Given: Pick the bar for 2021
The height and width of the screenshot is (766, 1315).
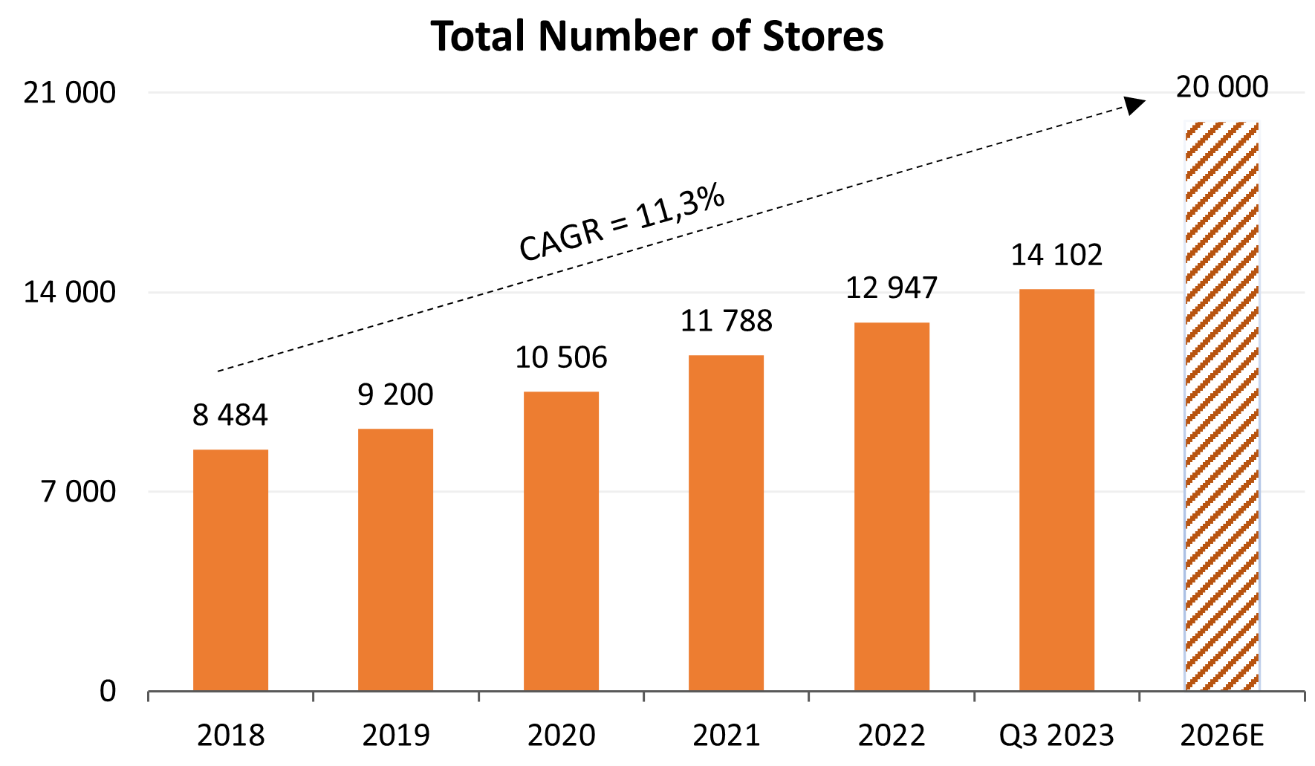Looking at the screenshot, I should tap(726, 523).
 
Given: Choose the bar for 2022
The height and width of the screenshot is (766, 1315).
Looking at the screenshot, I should tap(892, 507).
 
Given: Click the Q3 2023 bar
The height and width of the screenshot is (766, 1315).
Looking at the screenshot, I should tap(1056, 490).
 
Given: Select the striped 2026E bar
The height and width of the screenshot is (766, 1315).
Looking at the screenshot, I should tap(1221, 406).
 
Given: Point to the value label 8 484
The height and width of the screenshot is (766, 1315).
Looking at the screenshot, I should tap(230, 415).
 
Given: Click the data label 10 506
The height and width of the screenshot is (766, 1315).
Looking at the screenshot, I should tap(561, 358).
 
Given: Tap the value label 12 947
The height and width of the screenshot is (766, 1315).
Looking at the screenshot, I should tap(892, 288).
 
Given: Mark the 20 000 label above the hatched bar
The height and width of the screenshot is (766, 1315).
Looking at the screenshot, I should tap(1221, 88).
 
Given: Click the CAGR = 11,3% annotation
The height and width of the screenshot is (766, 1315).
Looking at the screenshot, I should tap(621, 223).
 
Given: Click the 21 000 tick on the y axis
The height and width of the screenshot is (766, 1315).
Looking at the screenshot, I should tap(70, 93).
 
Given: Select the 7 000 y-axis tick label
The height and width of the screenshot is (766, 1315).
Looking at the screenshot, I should tap(79, 492).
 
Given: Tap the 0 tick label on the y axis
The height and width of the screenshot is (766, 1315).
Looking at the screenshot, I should tap(108, 692).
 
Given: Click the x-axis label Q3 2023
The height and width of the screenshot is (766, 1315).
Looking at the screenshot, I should tap(1056, 736).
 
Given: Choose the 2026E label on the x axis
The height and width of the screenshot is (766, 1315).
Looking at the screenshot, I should tap(1221, 736).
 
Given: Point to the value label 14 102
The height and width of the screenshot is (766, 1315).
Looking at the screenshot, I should tap(1056, 256).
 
